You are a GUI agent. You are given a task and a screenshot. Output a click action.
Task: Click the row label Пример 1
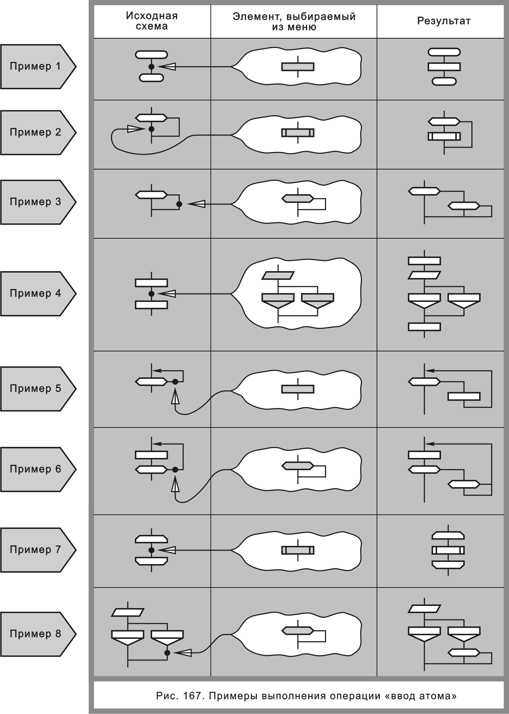point(35,66)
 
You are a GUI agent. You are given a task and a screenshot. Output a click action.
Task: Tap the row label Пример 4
point(35,293)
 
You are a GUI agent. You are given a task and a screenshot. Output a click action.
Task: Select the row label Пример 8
point(35,634)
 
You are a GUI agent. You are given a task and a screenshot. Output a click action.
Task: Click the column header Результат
point(443,21)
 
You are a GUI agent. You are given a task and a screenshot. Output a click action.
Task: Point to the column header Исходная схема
point(152,21)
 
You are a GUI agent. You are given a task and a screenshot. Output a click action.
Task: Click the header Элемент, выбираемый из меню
point(294,22)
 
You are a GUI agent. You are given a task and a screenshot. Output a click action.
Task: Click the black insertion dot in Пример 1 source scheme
point(151,67)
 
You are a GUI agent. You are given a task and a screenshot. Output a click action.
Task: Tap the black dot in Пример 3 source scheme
point(179,204)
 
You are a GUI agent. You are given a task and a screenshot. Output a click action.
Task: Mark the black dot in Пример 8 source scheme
point(167,653)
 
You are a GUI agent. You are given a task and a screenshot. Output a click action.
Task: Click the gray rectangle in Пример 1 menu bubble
point(298,67)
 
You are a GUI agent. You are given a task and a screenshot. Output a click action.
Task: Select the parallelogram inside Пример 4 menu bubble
point(278,275)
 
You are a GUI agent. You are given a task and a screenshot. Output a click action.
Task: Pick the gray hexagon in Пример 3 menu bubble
point(298,199)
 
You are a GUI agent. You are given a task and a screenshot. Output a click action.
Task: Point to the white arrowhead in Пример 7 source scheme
point(167,550)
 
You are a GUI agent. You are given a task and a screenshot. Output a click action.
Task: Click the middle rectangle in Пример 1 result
point(444,67)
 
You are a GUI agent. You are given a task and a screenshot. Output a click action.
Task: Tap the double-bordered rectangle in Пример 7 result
point(448,550)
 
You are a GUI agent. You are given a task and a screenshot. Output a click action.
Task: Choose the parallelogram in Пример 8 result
point(424,609)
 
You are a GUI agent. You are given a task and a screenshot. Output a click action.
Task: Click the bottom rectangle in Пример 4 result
point(424,327)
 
